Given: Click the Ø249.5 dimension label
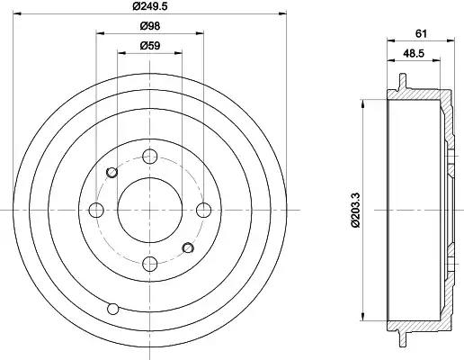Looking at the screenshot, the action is [x=150, y=5].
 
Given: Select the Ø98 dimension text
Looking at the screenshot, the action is [x=150, y=26].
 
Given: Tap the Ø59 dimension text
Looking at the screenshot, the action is [x=150, y=46].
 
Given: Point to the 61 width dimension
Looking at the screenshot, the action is [x=421, y=33].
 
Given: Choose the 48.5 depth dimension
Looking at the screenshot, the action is [x=414, y=53].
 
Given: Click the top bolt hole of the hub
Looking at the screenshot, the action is [x=150, y=156].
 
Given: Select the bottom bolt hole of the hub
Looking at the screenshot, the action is [x=150, y=264].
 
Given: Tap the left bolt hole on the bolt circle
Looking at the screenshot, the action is [x=96, y=210].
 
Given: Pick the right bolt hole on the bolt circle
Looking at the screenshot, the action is [x=203, y=210].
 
